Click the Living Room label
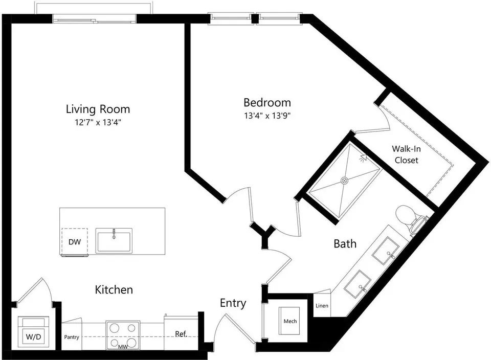tap(98, 109)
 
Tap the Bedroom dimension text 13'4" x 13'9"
tap(267, 116)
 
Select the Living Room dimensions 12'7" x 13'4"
tap(98, 122)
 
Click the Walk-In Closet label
tap(406, 154)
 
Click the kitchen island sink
tap(114, 240)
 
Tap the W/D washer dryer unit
tap(34, 332)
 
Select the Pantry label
tap(72, 337)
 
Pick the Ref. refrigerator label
tap(181, 334)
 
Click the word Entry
tap(233, 303)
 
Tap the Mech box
tap(290, 321)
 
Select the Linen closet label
tap(322, 305)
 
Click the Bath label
tap(345, 243)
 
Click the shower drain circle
tap(344, 181)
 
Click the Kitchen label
tap(114, 289)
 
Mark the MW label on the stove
tap(123, 347)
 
